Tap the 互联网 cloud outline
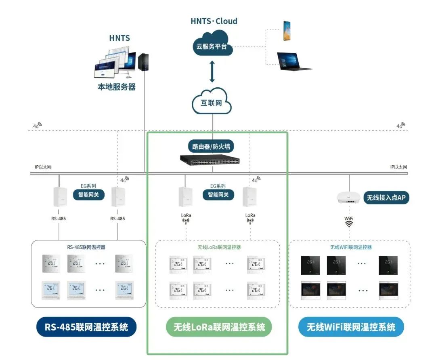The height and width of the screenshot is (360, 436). [212, 102]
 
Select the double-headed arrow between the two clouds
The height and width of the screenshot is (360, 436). [212, 72]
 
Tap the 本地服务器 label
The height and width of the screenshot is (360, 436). [117, 86]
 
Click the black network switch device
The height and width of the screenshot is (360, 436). [210, 160]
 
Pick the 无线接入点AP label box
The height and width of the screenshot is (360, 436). [386, 198]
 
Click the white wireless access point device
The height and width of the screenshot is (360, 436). [348, 198]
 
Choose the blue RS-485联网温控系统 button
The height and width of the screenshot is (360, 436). [86, 327]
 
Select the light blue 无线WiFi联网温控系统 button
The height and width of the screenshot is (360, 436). [351, 327]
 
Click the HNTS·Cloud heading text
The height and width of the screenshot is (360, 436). [214, 21]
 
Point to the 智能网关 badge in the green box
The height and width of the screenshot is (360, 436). [218, 195]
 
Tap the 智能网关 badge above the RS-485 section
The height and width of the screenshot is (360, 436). [89, 195]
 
